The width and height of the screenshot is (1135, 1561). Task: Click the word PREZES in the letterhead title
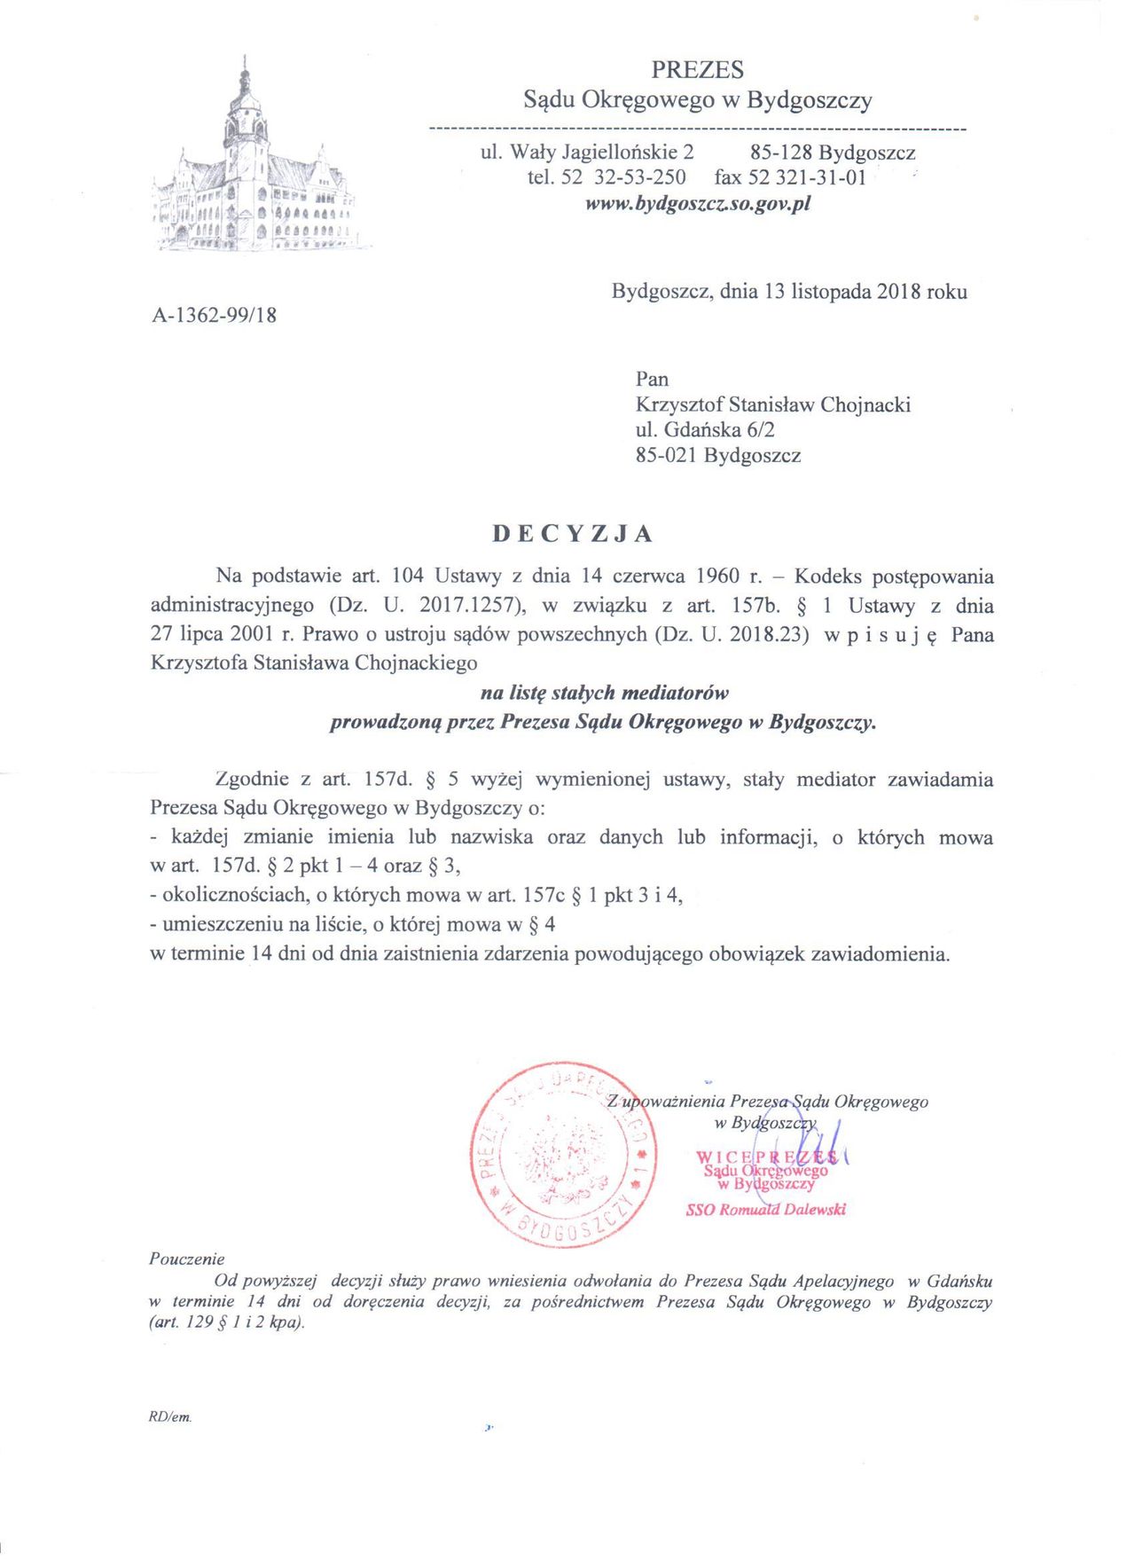[x=697, y=69]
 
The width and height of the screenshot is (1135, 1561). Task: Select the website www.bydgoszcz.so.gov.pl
[x=698, y=204]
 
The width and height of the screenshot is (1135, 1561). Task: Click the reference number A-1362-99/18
[x=215, y=314]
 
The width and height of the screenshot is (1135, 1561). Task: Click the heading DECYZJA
[x=573, y=534]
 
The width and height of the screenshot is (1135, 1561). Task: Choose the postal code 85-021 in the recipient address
[x=666, y=456]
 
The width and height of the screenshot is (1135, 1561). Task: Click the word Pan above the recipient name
[x=652, y=379]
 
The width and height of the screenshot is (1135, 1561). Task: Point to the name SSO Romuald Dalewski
[x=766, y=1210]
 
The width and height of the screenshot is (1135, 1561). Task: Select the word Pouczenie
[x=187, y=1259]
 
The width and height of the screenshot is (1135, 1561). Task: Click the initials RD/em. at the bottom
[x=170, y=1417]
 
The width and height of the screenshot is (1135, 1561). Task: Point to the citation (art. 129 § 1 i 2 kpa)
[x=227, y=1322]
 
